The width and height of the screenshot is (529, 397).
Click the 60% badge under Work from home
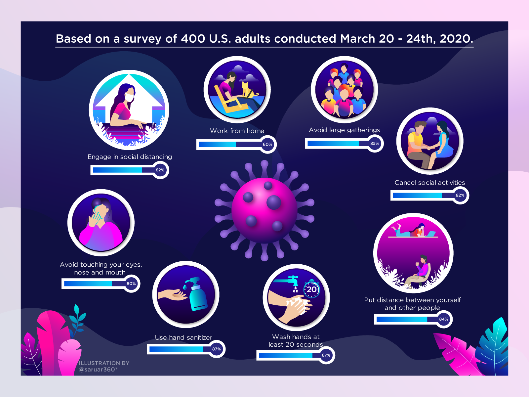tap(267, 144)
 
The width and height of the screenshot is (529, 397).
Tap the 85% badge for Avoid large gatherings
tap(375, 144)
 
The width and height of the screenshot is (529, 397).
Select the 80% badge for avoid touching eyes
tap(131, 284)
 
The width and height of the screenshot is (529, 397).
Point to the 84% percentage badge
tap(443, 319)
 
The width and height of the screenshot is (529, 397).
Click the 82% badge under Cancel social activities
tap(460, 195)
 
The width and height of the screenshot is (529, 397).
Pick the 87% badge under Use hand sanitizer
tap(216, 349)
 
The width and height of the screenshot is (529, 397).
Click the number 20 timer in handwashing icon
tap(312, 289)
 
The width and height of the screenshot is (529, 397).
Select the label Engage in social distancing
tap(130, 157)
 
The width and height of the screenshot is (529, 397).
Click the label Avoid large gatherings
tap(344, 130)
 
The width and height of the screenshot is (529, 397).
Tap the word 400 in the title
tap(193, 39)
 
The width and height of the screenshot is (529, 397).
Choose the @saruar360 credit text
tap(98, 370)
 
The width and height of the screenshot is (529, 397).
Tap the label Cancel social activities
tap(430, 183)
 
